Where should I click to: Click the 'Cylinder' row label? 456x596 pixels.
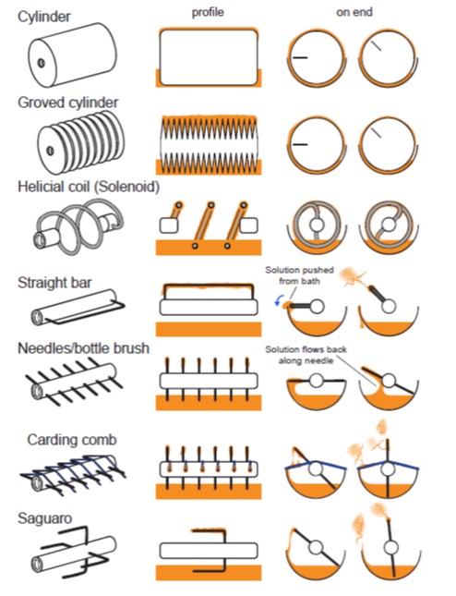tap(44, 17)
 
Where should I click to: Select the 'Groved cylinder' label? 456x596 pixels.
tap(68, 103)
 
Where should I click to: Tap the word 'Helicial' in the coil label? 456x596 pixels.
tap(42, 187)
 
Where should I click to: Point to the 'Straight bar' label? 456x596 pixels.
tap(54, 283)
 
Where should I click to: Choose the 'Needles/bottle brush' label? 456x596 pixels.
tap(83, 348)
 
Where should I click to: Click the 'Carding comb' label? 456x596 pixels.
tap(72, 440)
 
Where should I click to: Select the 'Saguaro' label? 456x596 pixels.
tap(45, 518)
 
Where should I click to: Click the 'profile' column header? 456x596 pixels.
tap(208, 13)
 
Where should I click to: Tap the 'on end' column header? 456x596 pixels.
tap(354, 12)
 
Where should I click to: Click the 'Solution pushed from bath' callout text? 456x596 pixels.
tap(300, 275)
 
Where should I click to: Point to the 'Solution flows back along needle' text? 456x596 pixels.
tap(306, 355)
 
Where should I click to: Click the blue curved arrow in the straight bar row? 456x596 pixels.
tap(278, 302)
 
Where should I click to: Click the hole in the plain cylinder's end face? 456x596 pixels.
tap(41, 63)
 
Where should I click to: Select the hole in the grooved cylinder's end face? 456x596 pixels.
tap(50, 151)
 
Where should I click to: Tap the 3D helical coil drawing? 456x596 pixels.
tap(79, 227)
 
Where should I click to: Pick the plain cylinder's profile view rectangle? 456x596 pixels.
tap(209, 58)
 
